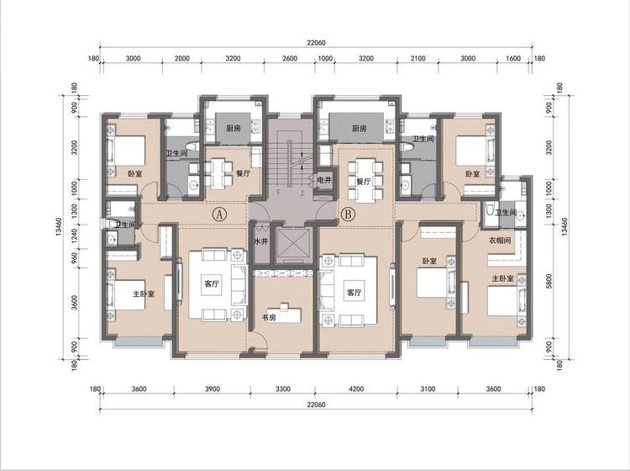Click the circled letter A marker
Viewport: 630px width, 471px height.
point(219,214)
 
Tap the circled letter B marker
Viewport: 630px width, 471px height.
point(348,214)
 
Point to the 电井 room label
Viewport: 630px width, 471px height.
point(324,180)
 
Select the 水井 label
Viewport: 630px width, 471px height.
point(260,241)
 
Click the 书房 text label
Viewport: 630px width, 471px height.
point(269,318)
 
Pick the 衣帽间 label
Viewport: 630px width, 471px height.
point(500,241)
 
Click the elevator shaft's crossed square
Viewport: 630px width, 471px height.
point(294,244)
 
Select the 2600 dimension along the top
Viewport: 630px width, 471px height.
point(290,58)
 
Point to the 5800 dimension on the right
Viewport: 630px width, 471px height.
point(549,281)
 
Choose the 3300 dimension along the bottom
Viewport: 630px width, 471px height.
point(283,389)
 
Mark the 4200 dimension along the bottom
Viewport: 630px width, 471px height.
point(356,389)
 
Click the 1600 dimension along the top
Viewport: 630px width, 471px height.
point(513,58)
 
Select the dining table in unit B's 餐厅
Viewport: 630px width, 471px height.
point(365,180)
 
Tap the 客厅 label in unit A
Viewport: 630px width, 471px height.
point(212,283)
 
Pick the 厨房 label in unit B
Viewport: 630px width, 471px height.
point(360,129)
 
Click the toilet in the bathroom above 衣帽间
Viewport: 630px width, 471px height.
point(490,211)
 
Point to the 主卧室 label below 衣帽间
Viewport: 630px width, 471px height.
point(502,278)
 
